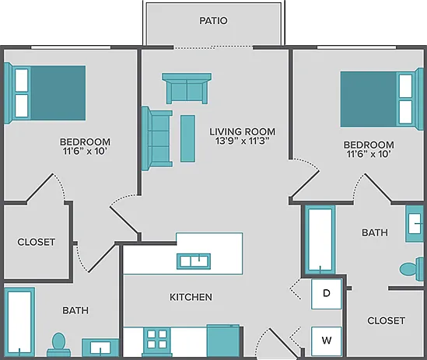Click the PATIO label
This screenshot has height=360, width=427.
point(213,21)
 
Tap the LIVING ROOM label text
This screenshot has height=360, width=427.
point(242,132)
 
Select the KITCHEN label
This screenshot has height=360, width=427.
point(191,297)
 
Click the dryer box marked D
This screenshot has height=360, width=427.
point(326,294)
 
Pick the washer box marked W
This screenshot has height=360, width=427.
point(326,341)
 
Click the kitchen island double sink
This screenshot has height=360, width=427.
point(194,261)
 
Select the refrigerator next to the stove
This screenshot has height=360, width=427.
point(223,341)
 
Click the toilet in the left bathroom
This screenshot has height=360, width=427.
point(59,344)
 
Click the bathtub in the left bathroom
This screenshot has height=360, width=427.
point(19,322)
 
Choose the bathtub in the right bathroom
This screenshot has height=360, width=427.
point(320,240)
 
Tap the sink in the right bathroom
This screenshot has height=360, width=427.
point(415,224)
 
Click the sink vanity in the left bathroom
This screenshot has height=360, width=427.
point(100,348)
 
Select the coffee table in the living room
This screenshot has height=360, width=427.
point(187,138)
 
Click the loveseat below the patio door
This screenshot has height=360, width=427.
point(187,88)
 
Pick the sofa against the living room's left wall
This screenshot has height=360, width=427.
point(157,138)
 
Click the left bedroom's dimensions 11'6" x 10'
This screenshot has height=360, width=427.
point(85,152)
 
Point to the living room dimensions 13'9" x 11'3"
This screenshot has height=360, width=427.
point(242,142)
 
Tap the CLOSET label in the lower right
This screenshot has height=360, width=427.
point(386,321)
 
